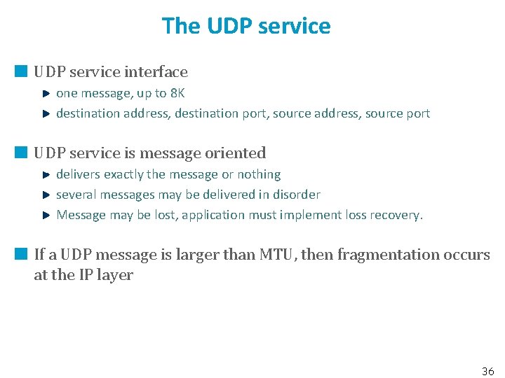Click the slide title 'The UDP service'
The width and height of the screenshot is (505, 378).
(x=246, y=26)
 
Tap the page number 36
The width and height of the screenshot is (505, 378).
(x=488, y=371)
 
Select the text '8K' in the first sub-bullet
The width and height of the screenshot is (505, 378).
(x=177, y=93)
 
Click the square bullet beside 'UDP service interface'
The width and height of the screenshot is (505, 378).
(x=21, y=71)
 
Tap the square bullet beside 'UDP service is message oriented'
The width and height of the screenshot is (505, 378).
(x=21, y=153)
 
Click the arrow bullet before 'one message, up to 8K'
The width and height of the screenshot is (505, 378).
(x=46, y=93)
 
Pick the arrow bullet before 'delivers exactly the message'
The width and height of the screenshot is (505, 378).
(x=46, y=174)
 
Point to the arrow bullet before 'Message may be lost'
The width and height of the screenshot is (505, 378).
(x=46, y=215)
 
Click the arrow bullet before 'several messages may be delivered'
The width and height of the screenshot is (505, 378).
(x=46, y=195)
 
